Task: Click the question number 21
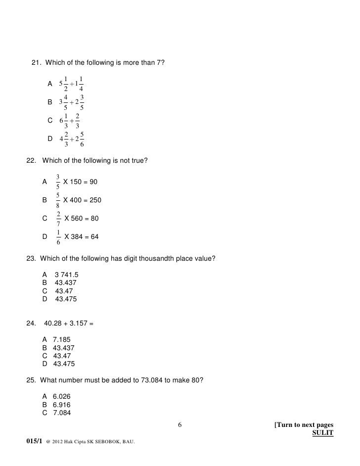click(36, 62)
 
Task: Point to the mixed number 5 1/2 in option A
click(64, 83)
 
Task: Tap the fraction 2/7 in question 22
click(58, 218)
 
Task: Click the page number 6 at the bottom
click(180, 425)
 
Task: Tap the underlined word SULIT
click(323, 434)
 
